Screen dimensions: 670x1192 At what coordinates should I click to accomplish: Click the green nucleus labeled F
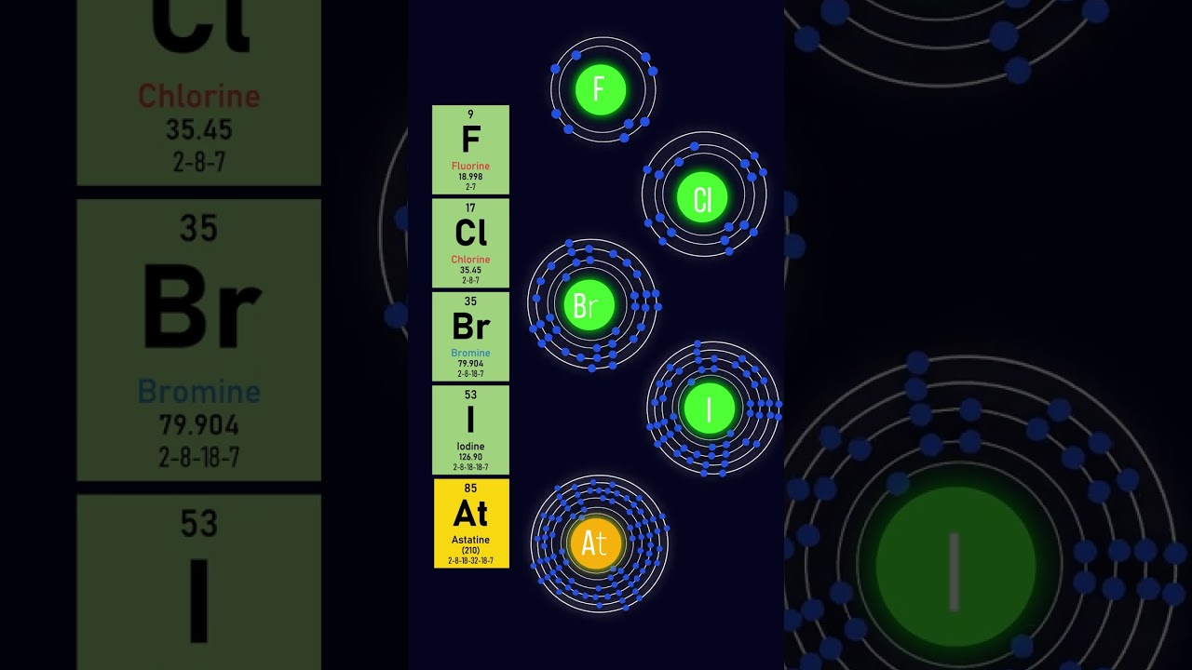point(601,89)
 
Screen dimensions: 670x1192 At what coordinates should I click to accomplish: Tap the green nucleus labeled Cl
point(703,198)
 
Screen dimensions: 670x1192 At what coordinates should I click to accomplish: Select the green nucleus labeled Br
point(589,305)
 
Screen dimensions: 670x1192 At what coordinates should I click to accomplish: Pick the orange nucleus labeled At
point(595,543)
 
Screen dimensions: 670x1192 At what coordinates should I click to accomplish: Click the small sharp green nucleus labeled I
point(710,409)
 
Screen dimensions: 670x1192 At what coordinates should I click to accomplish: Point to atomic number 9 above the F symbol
point(470,114)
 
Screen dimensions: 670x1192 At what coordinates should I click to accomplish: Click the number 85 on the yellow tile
point(470,489)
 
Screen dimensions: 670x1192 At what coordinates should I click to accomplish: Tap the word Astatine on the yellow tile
point(470,540)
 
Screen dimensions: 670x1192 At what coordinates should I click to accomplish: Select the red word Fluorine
point(470,167)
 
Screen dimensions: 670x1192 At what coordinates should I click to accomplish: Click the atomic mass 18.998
point(470,177)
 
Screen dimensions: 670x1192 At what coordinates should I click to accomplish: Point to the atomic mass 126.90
point(470,457)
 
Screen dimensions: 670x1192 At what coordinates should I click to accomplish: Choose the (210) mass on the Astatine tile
point(470,550)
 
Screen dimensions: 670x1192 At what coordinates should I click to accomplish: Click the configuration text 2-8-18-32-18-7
point(470,560)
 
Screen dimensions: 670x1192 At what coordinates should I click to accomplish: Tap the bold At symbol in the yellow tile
point(470,514)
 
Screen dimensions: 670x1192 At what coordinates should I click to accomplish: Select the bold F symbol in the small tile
point(470,140)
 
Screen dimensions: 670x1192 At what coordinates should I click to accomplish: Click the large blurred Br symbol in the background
point(201,307)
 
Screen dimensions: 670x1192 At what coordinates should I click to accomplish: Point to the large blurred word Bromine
point(198,392)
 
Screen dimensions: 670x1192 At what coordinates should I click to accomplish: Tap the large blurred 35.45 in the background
point(198,129)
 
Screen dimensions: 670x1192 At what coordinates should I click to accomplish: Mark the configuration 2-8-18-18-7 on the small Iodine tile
point(470,467)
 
